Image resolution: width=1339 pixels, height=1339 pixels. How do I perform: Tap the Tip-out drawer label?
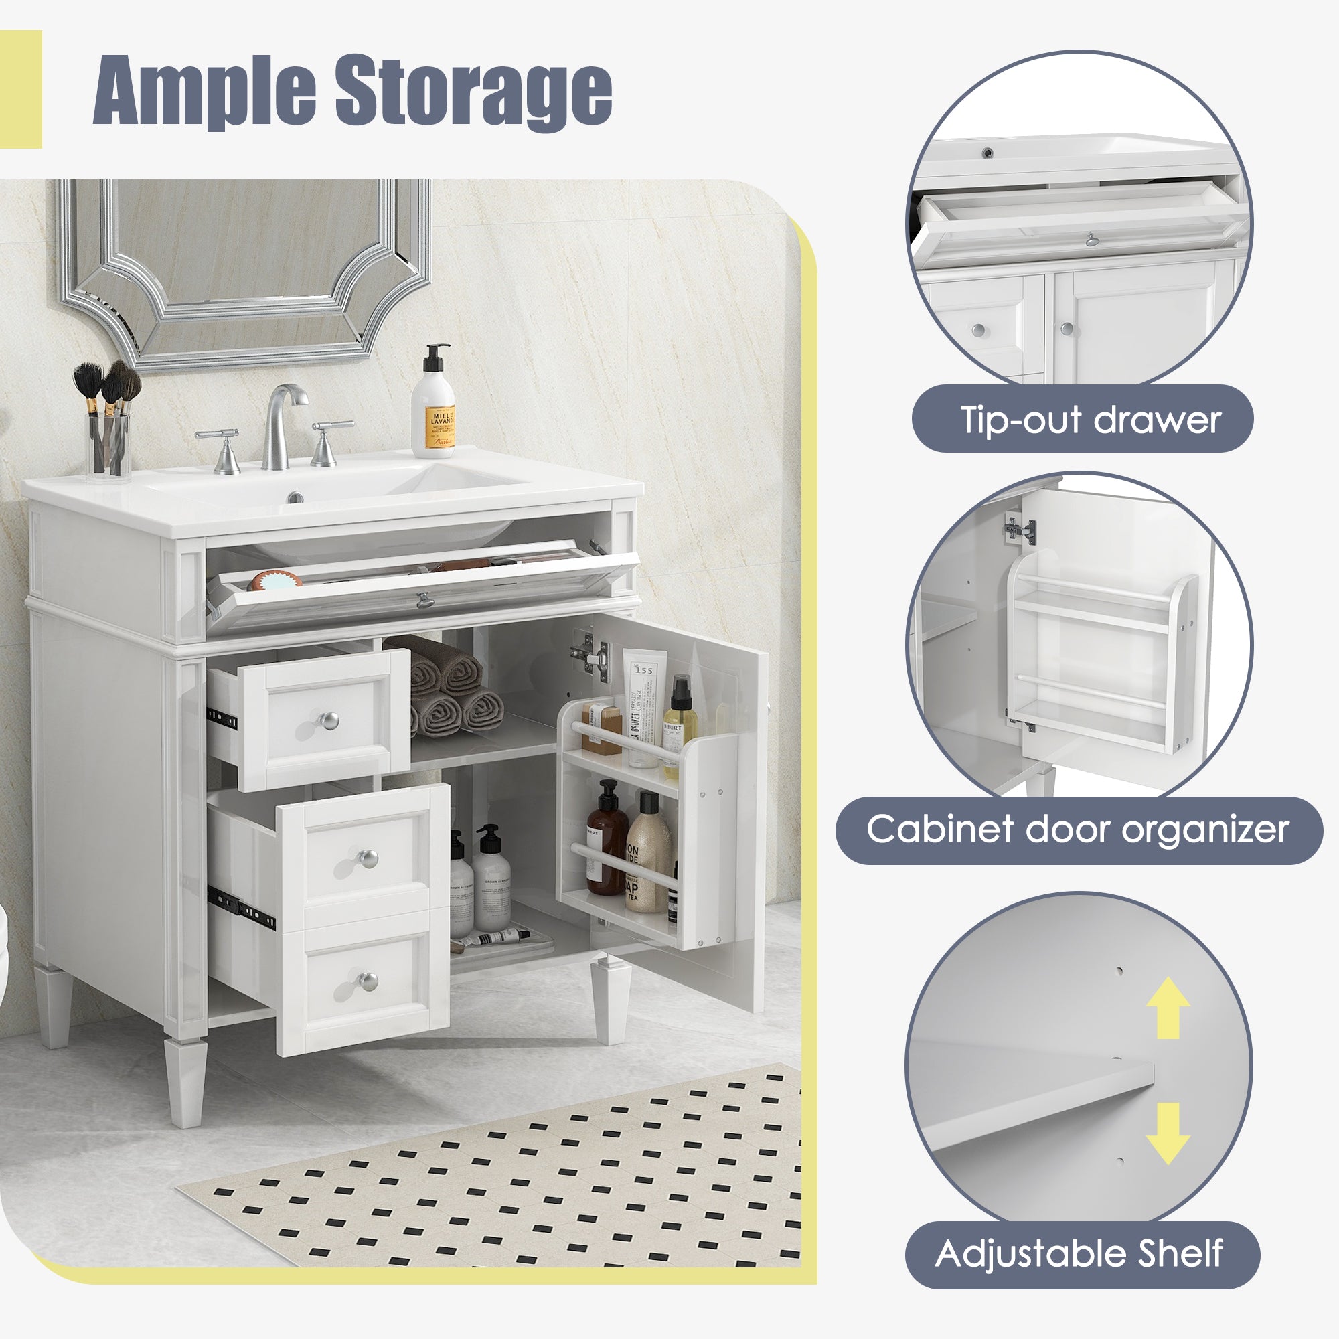pyautogui.click(x=1082, y=419)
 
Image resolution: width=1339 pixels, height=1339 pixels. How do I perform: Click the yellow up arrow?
pyautogui.click(x=1168, y=1007)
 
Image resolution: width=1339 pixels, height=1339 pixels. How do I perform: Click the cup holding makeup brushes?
pyautogui.click(x=110, y=444)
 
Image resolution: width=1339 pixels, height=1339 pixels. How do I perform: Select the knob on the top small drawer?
pyautogui.click(x=330, y=720)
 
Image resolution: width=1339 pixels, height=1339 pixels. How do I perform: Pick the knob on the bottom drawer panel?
pyautogui.click(x=368, y=981)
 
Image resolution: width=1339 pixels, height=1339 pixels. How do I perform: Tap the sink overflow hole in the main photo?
pyautogui.click(x=295, y=497)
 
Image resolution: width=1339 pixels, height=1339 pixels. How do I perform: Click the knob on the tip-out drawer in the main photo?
pyautogui.click(x=421, y=599)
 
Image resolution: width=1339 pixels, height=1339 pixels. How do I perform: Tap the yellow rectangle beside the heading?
pyautogui.click(x=21, y=89)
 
